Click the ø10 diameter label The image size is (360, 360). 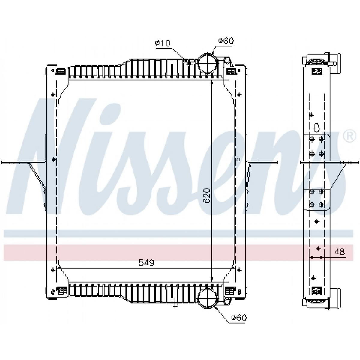(x=163, y=43)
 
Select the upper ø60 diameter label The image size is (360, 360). (x=226, y=40)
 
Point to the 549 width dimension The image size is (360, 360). (x=146, y=263)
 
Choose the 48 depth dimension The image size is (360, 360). (x=340, y=252)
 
